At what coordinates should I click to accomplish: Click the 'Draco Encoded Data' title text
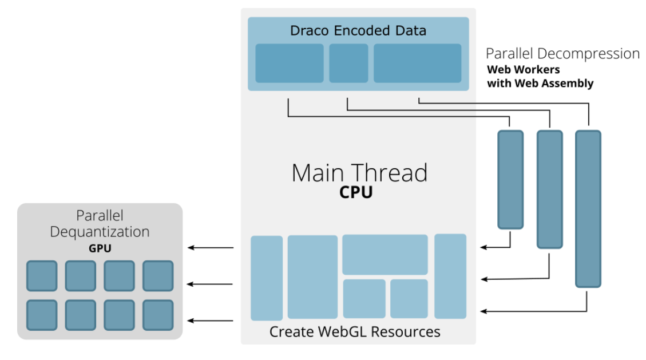pyautogui.click(x=358, y=30)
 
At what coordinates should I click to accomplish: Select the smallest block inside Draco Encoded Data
pyautogui.click(x=348, y=63)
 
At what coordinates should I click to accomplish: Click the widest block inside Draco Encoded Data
pyautogui.click(x=418, y=63)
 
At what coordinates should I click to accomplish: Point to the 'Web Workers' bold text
pyautogui.click(x=523, y=70)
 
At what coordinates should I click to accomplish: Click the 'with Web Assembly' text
pyautogui.click(x=540, y=84)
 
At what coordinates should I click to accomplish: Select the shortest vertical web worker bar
pyautogui.click(x=510, y=179)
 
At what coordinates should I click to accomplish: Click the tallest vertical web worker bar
pyautogui.click(x=588, y=208)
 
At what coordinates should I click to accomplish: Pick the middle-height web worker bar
pyautogui.click(x=549, y=189)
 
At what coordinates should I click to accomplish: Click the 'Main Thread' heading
pyautogui.click(x=359, y=173)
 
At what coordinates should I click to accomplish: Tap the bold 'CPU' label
pyautogui.click(x=355, y=192)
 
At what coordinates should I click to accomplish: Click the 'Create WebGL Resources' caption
pyautogui.click(x=355, y=331)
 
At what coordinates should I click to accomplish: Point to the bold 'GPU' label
pyautogui.click(x=100, y=250)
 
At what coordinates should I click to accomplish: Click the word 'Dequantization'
pyautogui.click(x=100, y=232)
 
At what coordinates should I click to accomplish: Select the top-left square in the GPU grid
pyautogui.click(x=42, y=276)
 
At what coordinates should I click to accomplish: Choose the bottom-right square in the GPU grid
pyautogui.click(x=157, y=315)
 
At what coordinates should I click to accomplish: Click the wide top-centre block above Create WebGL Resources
pyautogui.click(x=385, y=254)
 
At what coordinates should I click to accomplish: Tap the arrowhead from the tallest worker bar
pyautogui.click(x=483, y=311)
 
